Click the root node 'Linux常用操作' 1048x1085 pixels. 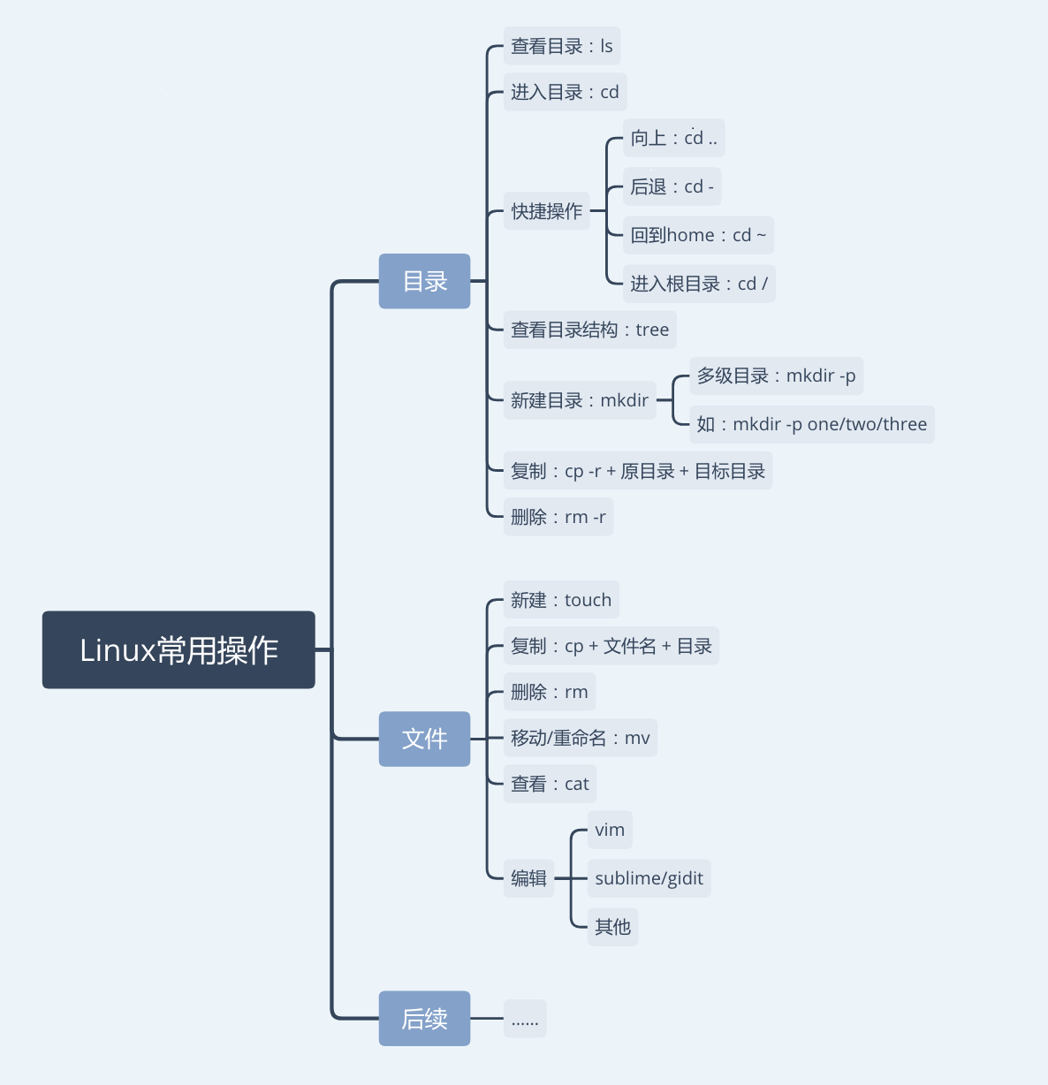178,649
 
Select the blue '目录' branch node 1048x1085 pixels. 424,281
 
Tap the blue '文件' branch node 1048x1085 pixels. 424,739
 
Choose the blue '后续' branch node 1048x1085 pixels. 424,1019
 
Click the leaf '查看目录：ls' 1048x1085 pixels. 561,46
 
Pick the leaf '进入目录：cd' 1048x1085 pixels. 565,92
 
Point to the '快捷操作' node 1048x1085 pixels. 546,211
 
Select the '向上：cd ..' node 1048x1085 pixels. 673,138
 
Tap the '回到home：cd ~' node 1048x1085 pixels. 698,235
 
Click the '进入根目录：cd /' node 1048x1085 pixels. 698,284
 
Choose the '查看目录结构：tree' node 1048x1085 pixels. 589,330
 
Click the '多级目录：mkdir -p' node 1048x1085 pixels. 776,376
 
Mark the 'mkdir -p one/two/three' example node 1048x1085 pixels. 811,424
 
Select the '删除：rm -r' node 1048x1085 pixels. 558,517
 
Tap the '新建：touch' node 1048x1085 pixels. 561,600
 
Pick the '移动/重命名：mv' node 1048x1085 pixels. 580,738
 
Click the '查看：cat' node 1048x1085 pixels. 550,784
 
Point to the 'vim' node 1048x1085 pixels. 610,830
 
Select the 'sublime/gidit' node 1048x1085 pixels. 649,878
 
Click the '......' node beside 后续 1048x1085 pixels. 525,1019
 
